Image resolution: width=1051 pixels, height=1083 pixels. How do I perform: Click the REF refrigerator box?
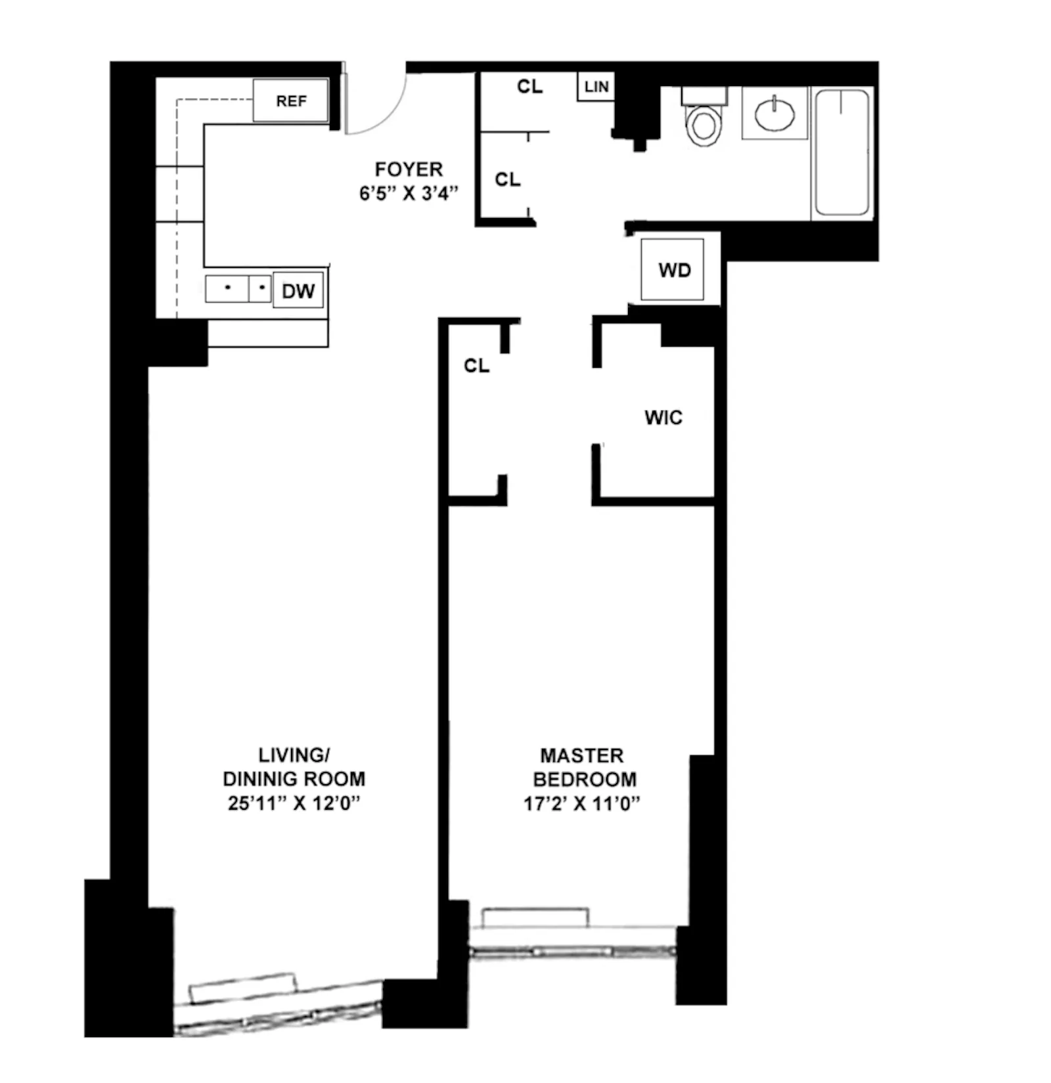[x=290, y=101]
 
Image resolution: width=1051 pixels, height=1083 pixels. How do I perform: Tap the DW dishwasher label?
[x=298, y=291]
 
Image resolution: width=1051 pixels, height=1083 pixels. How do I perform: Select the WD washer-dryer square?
[x=673, y=270]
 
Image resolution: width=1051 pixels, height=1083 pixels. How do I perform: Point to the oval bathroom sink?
[x=774, y=114]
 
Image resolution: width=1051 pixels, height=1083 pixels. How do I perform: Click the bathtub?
[x=841, y=153]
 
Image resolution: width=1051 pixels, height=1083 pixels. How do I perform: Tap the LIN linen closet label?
[x=596, y=87]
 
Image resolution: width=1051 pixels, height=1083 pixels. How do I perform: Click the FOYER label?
[x=409, y=169]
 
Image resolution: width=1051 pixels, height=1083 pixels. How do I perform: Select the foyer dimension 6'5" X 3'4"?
[x=409, y=194]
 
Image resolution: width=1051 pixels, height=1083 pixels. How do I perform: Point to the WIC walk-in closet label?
[x=663, y=418]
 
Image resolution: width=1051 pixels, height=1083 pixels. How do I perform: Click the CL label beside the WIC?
[x=476, y=366]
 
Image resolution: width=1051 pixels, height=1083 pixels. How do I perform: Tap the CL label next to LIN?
[x=529, y=87]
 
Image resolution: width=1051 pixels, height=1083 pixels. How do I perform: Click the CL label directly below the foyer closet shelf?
[x=507, y=179]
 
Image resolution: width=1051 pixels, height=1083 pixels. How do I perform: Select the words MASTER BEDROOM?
[x=583, y=767]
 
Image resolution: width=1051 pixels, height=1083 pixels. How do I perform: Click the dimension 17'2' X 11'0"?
[x=581, y=803]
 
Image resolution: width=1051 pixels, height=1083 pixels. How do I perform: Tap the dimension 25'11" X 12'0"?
[x=294, y=803]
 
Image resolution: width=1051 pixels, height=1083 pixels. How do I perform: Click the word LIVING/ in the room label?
[x=294, y=755]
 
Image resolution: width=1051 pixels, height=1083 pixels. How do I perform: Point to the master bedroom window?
[x=571, y=951]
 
